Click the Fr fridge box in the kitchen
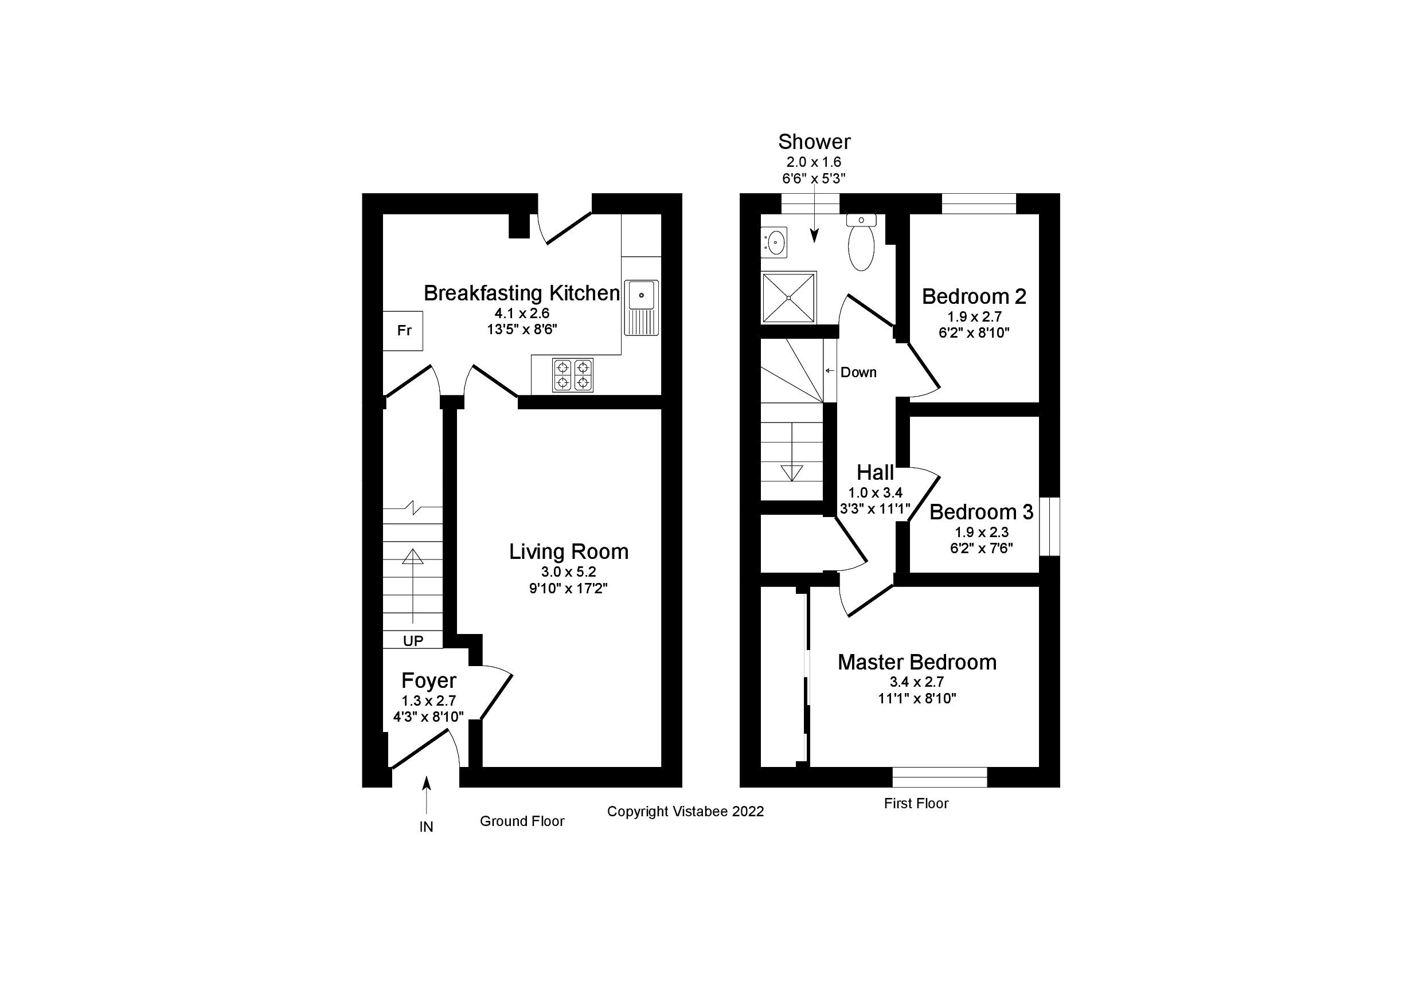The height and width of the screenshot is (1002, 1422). (x=403, y=331)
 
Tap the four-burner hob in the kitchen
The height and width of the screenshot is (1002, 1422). (x=572, y=375)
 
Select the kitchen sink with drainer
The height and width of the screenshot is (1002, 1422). (x=641, y=307)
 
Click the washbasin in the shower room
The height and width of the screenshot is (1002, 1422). (x=773, y=242)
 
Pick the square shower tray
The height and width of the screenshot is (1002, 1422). (x=789, y=298)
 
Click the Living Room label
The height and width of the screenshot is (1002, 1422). (x=569, y=551)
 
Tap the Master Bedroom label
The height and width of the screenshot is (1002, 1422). (x=917, y=662)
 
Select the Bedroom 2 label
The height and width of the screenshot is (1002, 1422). (x=974, y=296)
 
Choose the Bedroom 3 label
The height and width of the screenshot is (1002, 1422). (x=981, y=512)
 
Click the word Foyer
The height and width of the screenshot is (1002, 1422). (x=428, y=680)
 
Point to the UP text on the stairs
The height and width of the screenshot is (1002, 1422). (x=413, y=641)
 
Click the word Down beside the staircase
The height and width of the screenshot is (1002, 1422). (x=858, y=372)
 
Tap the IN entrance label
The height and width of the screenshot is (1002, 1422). (x=426, y=827)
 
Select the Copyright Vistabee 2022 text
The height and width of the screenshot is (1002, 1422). (x=685, y=811)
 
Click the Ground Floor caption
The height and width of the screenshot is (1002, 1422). (x=522, y=821)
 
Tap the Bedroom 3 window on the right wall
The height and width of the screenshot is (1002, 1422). (x=1049, y=526)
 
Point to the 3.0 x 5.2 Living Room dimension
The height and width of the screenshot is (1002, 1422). (x=569, y=572)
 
